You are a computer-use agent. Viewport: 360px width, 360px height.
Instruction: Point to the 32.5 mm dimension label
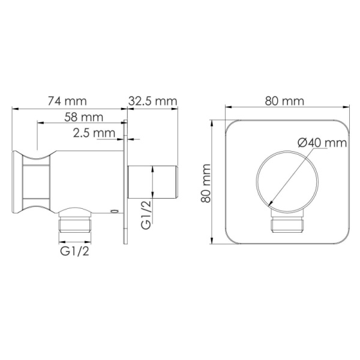pos(153,101)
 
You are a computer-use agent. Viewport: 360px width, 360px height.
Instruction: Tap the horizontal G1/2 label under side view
pos(75,249)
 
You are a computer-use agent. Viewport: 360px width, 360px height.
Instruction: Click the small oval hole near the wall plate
pos(114,211)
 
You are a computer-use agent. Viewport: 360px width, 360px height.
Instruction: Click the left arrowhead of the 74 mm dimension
pos(14,109)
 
